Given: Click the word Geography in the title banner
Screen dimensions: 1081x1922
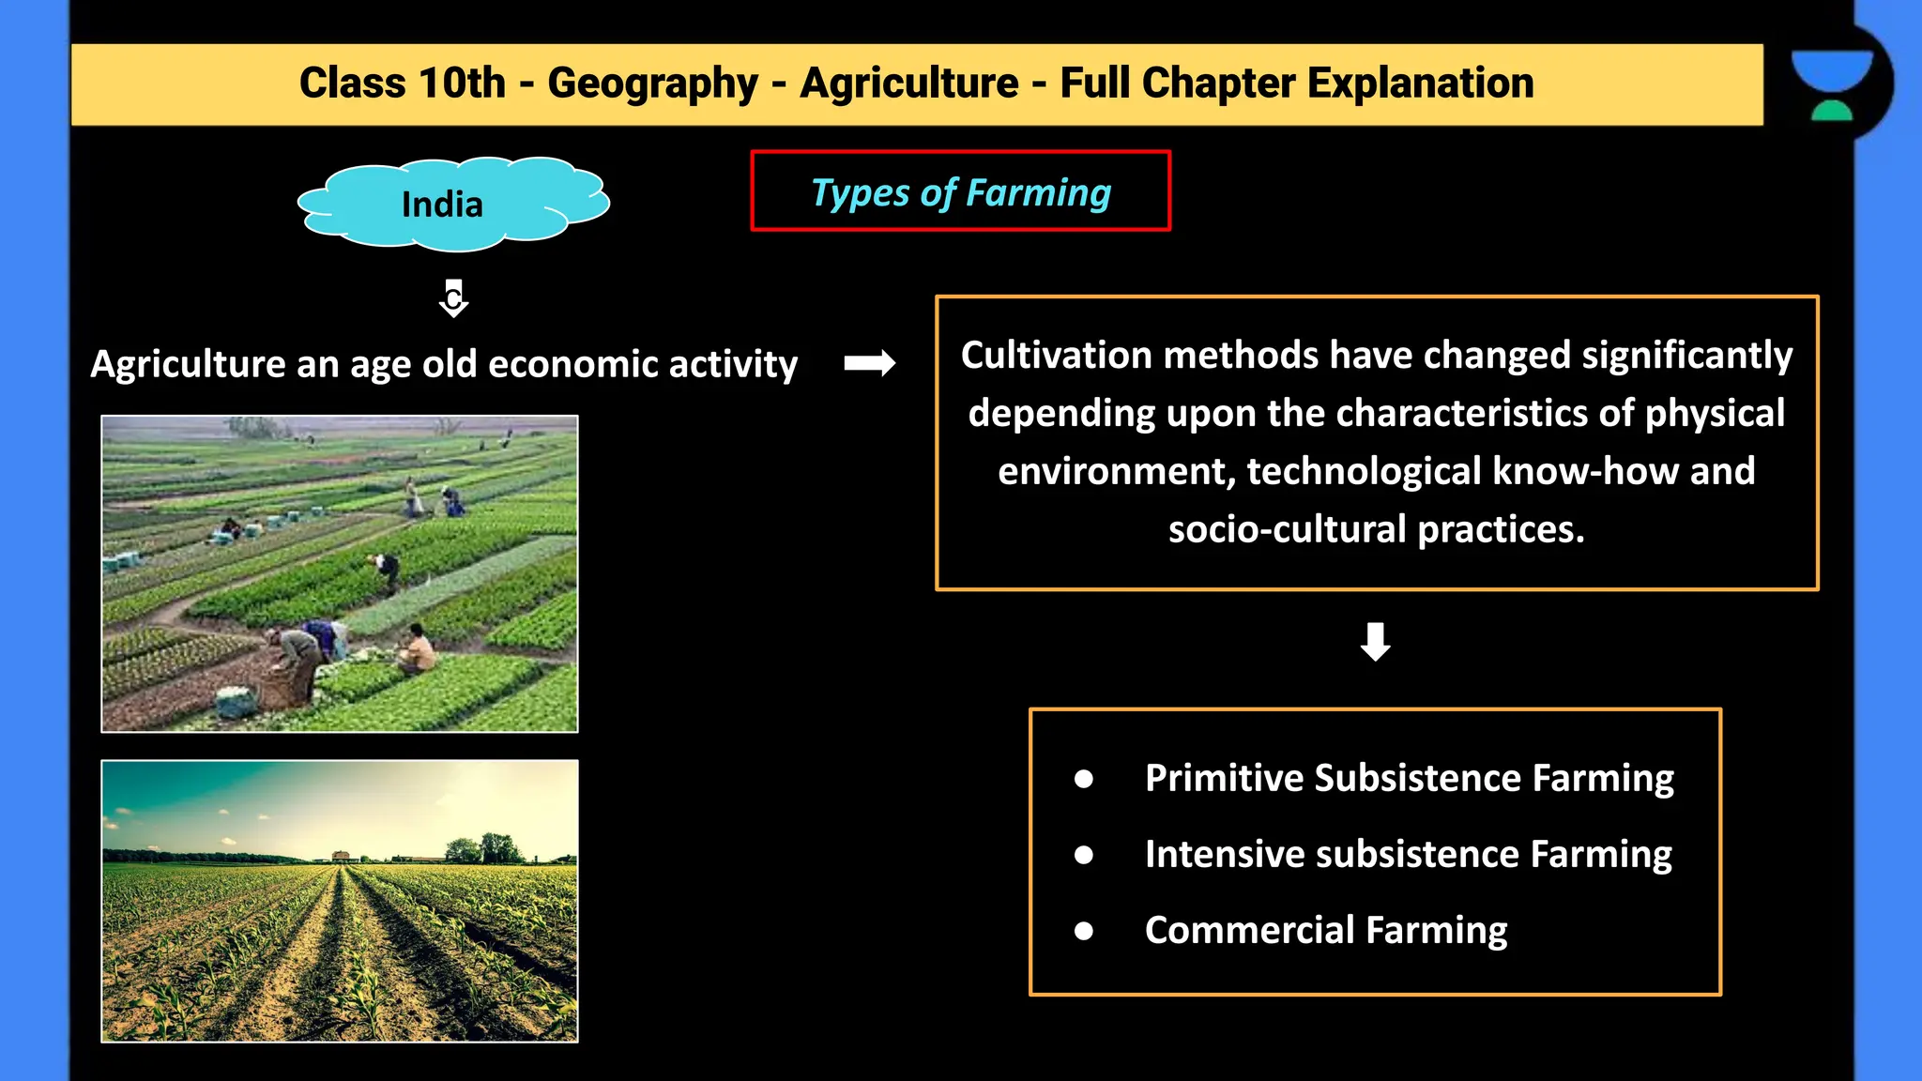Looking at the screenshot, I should (652, 84).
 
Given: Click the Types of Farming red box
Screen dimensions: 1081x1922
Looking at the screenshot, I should (960, 191).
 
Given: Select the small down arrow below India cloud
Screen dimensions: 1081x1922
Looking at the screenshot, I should (453, 298).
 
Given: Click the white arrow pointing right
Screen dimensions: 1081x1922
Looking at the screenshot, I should (869, 363).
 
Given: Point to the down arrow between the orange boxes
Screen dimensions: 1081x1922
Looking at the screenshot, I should (1375, 642).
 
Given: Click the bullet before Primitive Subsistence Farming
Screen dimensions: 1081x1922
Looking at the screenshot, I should (1084, 779).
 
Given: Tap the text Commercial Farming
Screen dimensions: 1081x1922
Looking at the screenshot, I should (1325, 930).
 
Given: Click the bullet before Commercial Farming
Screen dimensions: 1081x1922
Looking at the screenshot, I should (1084, 931).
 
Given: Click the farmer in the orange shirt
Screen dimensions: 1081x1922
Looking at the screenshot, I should (418, 648).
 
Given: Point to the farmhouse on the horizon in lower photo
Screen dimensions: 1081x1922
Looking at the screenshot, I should (342, 856).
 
